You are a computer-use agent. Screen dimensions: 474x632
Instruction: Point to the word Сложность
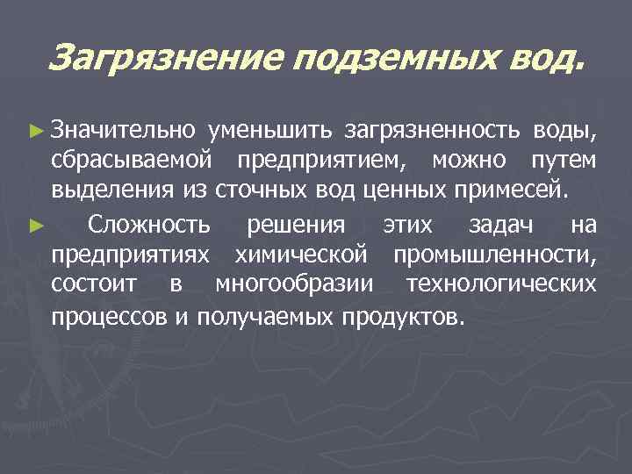[150, 226]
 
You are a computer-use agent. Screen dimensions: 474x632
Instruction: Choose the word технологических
[502, 285]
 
